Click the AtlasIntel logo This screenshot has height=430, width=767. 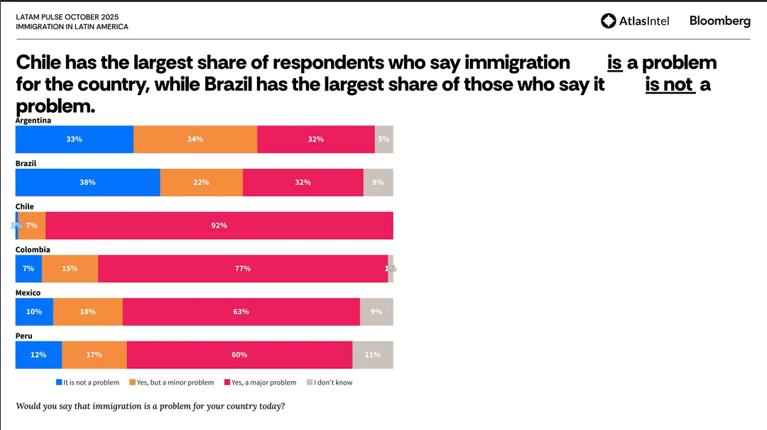(635, 21)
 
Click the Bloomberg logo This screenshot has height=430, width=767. (719, 21)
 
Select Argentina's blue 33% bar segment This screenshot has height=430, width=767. (75, 139)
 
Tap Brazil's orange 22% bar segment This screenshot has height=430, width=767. (201, 182)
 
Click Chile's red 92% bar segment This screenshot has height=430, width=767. (219, 226)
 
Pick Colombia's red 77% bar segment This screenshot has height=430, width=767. (243, 269)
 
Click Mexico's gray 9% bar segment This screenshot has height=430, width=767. (376, 312)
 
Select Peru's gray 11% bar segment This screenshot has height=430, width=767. (372, 355)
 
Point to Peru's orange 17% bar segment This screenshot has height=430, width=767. (94, 355)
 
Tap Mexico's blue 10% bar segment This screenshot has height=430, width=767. (34, 312)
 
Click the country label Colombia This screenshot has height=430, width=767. (33, 250)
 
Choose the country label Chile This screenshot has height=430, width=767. (25, 206)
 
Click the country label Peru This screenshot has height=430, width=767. (24, 336)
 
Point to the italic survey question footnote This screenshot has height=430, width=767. (150, 406)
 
